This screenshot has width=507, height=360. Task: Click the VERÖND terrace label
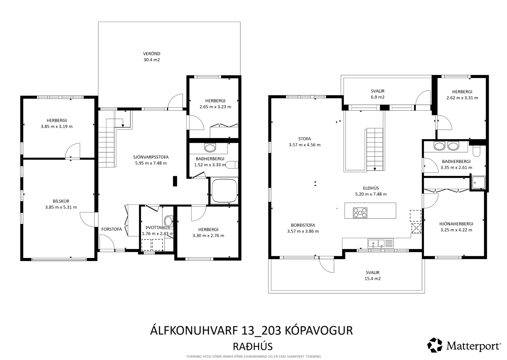pyautogui.click(x=151, y=54)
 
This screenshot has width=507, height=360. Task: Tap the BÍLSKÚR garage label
pyautogui.click(x=61, y=201)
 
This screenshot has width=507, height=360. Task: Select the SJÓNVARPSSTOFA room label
pyautogui.click(x=151, y=157)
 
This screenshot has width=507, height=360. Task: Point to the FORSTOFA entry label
pyautogui.click(x=111, y=229)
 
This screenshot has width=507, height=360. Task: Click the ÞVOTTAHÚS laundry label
pyautogui.click(x=158, y=228)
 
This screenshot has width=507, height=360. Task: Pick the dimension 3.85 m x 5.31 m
pyautogui.click(x=61, y=207)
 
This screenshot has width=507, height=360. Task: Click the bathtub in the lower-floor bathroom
pyautogui.click(x=224, y=191)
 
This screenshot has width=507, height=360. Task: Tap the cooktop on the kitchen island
pyautogui.click(x=360, y=213)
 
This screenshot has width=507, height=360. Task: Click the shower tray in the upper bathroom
pyautogui.click(x=478, y=183)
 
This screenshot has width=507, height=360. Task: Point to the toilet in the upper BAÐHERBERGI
pyautogui.click(x=476, y=151)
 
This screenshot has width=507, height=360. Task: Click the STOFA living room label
pyautogui.click(x=304, y=139)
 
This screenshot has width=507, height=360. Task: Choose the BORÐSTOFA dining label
pyautogui.click(x=303, y=225)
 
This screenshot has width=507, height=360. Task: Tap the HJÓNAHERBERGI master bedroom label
pyautogui.click(x=456, y=224)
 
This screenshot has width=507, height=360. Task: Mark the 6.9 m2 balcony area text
pyautogui.click(x=378, y=97)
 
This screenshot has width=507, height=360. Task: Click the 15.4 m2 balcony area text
pyautogui.click(x=373, y=279)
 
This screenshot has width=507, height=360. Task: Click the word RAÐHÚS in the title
pyautogui.click(x=253, y=346)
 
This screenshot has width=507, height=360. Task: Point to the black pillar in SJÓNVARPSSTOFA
pyautogui.click(x=175, y=181)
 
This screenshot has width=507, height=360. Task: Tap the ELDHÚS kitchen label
pyautogui.click(x=371, y=188)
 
